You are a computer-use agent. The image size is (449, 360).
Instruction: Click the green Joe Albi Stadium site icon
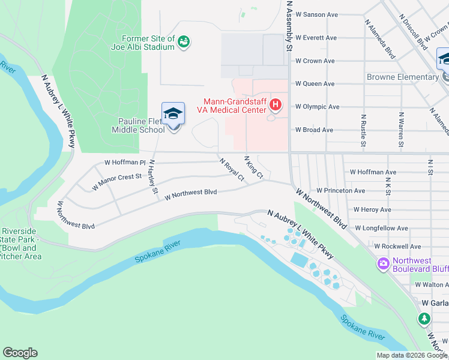click(184, 41)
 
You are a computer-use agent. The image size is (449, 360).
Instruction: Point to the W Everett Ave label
click(315, 38)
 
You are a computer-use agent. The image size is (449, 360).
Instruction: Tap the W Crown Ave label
click(314, 61)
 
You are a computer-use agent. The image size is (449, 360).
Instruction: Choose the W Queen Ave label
click(314, 84)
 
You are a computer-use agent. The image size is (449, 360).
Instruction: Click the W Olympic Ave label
click(316, 107)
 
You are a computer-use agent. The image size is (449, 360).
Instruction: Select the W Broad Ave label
click(313, 130)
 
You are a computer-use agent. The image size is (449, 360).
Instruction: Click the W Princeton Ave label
click(340, 191)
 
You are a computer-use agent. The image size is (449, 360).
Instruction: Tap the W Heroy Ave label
click(372, 209)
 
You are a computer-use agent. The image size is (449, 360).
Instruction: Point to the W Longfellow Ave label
click(381, 228)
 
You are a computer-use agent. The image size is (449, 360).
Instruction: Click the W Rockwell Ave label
click(397, 246)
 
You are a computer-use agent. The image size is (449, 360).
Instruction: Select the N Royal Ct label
click(232, 170)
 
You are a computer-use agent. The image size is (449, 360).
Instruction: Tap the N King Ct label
click(253, 167)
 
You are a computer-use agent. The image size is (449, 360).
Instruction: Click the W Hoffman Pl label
click(125, 162)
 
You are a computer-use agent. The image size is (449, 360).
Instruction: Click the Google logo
click(20, 353)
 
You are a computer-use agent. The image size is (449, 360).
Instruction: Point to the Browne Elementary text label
click(403, 77)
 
